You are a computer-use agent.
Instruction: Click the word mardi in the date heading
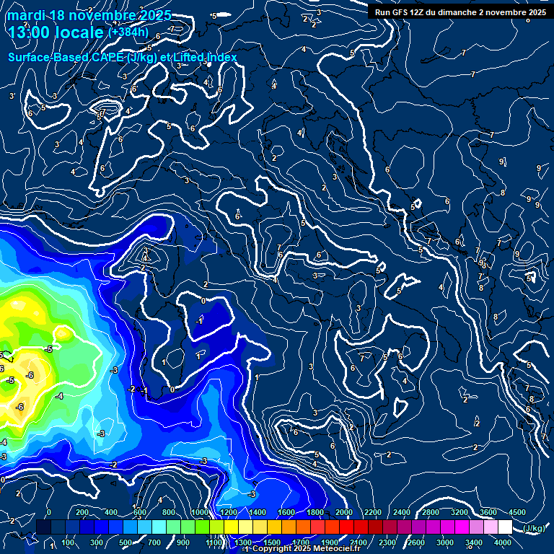tap(27, 15)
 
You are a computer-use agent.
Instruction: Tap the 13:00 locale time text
tap(55, 32)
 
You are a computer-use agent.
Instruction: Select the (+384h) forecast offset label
tap(128, 32)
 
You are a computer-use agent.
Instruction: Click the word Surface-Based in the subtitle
tap(44, 57)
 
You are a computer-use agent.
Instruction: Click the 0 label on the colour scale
tap(49, 512)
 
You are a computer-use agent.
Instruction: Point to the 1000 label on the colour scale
tap(200, 512)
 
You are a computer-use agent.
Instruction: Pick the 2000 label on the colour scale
tap(344, 512)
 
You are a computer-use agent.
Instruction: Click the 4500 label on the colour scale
tap(516, 512)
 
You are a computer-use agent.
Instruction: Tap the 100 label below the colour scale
tap(69, 542)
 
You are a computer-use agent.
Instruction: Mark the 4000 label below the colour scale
tap(503, 542)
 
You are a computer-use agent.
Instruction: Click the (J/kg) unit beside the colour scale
tap(533, 529)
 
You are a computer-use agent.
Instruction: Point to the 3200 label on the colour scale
tap(460, 512)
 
